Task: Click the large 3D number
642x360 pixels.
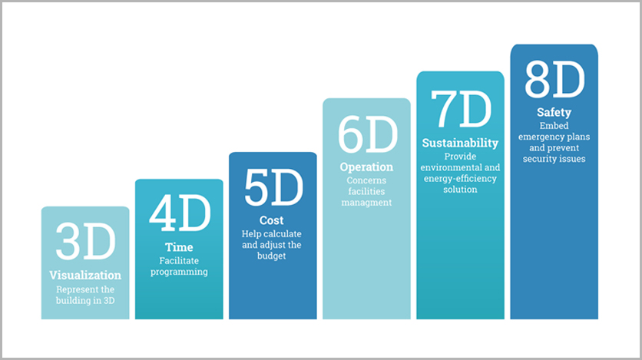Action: coord(85,241)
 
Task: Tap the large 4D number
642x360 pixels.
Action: coord(180,213)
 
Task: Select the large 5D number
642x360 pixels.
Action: coord(273,187)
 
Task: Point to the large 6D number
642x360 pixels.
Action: coord(367,134)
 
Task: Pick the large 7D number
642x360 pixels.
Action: coord(461,108)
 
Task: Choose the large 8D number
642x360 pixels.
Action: coord(554,79)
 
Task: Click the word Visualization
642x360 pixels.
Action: coord(85,275)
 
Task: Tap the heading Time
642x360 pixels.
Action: coord(179,247)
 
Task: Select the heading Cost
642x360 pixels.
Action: coord(271,220)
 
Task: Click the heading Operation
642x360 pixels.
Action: coord(366,167)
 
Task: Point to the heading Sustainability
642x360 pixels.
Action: coord(460,143)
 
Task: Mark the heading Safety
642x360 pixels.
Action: coord(554,112)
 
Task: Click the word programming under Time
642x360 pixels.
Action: coord(179,272)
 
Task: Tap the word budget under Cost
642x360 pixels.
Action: coord(271,256)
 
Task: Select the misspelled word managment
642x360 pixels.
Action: coord(366,203)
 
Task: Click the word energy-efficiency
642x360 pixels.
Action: coord(460,178)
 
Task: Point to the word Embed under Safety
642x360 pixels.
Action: coord(554,126)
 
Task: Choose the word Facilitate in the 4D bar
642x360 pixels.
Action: coord(179,260)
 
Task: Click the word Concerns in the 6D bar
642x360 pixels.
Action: coord(366,180)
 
